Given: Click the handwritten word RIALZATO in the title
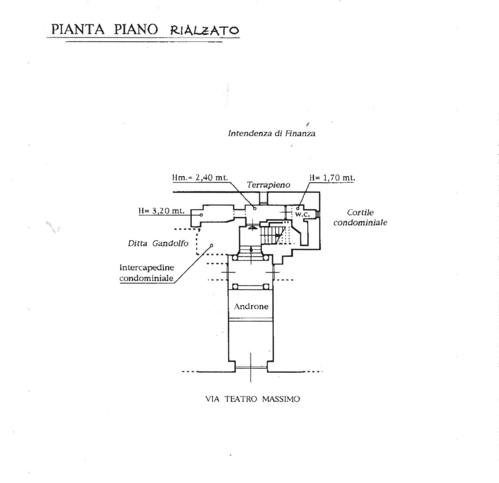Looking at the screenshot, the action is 204,30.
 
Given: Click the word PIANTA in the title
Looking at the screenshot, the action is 78,29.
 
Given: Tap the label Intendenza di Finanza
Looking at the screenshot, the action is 272,133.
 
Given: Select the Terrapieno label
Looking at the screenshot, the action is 269,185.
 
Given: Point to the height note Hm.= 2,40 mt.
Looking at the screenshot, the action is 200,177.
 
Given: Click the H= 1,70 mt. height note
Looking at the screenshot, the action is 332,177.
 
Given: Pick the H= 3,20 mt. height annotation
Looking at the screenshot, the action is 162,211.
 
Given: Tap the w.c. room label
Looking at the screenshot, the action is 302,215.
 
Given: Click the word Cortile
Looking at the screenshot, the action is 360,212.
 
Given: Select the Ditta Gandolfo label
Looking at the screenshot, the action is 158,244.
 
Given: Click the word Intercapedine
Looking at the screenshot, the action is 147,268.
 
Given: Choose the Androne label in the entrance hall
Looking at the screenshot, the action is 251,307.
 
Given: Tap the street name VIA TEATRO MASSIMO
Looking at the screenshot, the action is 252,399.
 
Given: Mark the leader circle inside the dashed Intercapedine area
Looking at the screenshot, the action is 212,245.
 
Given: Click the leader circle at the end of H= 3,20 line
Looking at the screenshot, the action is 201,215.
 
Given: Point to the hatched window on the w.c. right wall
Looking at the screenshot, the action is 318,214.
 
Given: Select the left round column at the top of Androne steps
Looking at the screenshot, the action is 235,258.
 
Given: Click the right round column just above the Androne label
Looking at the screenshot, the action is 266,286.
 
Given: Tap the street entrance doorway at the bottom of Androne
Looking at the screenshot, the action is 251,368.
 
